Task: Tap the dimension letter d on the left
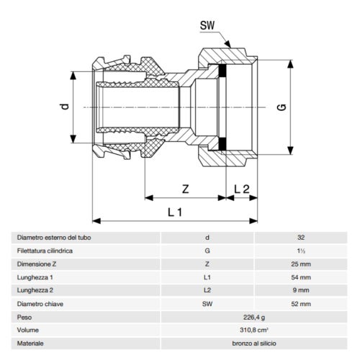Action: pos(64,107)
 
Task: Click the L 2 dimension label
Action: pos(243,189)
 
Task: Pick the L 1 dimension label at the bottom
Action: pos(175,212)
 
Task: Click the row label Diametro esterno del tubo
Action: pos(55,238)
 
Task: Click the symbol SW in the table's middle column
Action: pos(207,304)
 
